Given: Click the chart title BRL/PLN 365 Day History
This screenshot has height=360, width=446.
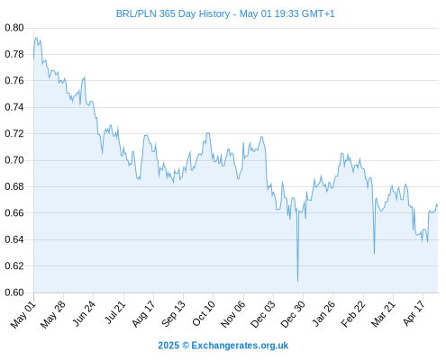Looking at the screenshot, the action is [173, 13].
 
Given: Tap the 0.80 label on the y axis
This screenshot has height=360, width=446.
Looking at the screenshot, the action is [14, 28].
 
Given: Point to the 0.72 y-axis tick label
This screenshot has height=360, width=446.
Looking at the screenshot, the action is [14, 133].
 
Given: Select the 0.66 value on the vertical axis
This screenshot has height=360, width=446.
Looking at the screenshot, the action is [14, 213].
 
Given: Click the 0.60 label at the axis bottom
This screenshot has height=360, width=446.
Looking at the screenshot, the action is [14, 292].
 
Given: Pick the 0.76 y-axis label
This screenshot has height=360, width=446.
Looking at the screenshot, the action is [14, 81].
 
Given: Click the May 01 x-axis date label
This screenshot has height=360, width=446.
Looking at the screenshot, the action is [23, 315].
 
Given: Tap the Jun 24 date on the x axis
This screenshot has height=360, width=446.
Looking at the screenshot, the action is [84, 314].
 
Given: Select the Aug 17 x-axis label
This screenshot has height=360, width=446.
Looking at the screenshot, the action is [143, 314].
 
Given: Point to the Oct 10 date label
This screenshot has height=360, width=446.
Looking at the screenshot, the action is [204, 314].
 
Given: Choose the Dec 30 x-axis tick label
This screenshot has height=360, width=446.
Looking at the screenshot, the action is [293, 314].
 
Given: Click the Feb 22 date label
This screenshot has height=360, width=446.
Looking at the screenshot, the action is [353, 314].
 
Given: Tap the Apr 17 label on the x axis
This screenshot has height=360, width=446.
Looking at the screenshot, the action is [414, 313].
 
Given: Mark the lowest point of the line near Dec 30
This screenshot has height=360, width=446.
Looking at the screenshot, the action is [297, 281].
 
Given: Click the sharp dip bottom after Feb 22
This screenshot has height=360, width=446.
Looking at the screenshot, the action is [374, 254].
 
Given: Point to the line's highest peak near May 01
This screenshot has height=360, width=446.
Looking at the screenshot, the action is [36, 38].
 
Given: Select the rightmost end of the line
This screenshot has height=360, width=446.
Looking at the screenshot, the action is [438, 206].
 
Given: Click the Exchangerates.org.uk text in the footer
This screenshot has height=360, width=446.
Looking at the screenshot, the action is [240, 346].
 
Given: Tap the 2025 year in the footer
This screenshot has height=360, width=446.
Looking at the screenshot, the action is [168, 346].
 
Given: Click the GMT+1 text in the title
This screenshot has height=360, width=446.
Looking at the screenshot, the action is [318, 13].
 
